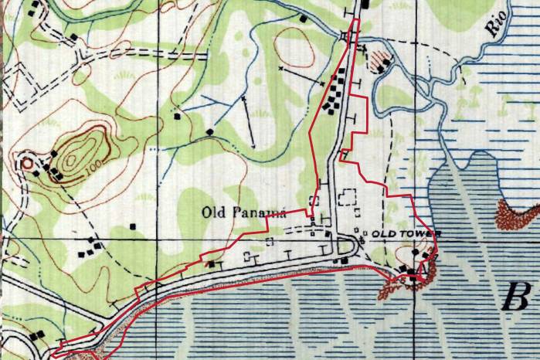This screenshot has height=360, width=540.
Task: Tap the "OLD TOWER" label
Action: tap(406, 233)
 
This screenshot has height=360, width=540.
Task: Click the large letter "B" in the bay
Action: tap(517, 296)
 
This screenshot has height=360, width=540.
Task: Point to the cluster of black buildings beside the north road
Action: tap(337, 92)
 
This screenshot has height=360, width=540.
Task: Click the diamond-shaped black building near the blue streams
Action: tap(210, 132)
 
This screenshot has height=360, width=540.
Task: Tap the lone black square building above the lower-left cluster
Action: tap(132, 226)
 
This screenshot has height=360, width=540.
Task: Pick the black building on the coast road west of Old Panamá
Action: tap(210, 264)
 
